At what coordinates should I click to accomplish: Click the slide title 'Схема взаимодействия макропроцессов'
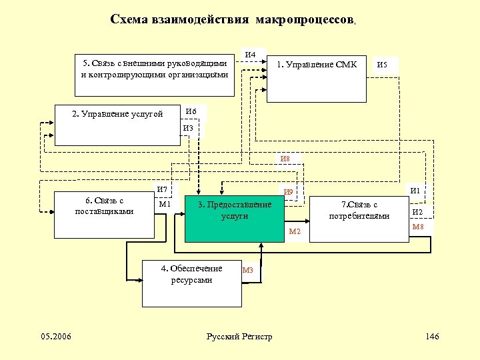(x=233, y=20)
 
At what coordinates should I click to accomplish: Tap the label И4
(x=251, y=54)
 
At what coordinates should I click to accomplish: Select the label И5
(x=383, y=65)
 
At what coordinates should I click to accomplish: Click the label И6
(x=191, y=111)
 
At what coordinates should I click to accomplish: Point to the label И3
(x=188, y=127)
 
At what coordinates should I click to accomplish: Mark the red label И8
(x=285, y=159)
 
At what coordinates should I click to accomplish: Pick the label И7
(x=163, y=190)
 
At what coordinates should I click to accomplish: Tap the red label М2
(x=295, y=231)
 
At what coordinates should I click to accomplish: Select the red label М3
(x=248, y=270)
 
